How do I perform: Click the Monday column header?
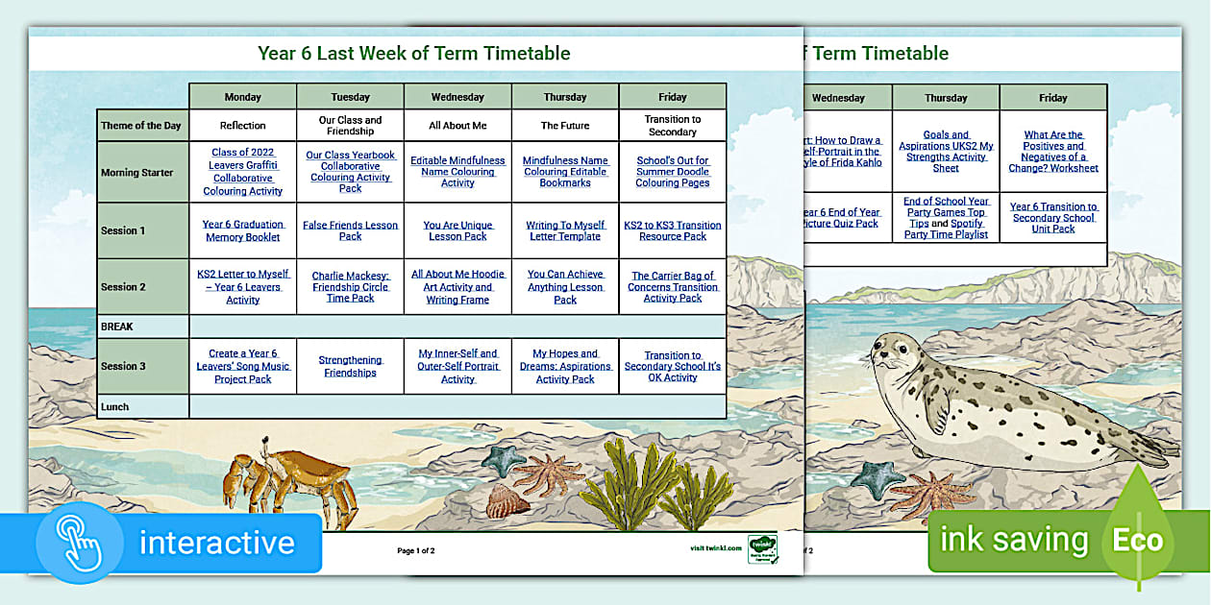click(x=242, y=97)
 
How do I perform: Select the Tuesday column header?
click(x=350, y=97)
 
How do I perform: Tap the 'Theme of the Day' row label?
click(x=141, y=126)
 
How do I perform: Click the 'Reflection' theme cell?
click(x=242, y=126)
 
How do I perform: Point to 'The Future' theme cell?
click(x=565, y=126)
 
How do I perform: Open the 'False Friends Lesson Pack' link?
click(x=350, y=230)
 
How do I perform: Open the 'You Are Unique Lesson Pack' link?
click(x=457, y=230)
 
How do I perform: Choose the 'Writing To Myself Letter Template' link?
click(x=565, y=230)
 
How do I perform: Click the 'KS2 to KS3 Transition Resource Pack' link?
click(x=673, y=230)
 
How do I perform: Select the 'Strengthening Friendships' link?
click(x=350, y=366)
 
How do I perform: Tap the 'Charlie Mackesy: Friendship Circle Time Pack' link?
click(x=350, y=287)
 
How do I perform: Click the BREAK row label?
click(x=117, y=327)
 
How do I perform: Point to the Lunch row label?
click(x=114, y=407)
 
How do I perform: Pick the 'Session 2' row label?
click(x=123, y=287)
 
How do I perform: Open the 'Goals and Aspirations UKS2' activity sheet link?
click(x=946, y=152)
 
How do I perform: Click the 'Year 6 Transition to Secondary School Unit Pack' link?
click(x=1053, y=218)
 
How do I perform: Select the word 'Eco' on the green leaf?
click(x=1138, y=540)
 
